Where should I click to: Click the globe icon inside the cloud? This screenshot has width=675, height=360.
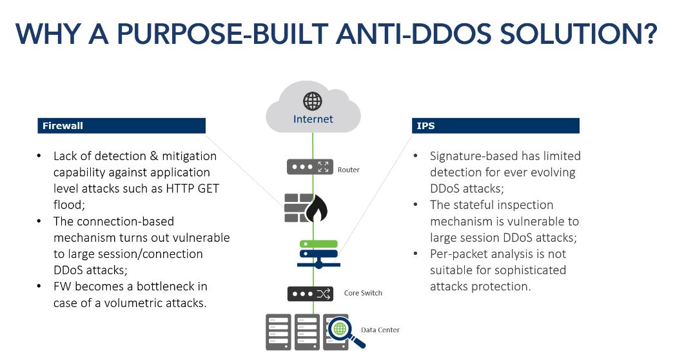[313, 101]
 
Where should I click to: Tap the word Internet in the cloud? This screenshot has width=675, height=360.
[313, 119]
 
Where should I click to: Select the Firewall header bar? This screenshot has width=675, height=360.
[121, 126]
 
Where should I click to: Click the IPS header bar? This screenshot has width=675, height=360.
[495, 126]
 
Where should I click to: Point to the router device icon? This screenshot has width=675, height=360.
[309, 166]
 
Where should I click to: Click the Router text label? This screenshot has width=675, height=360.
[349, 170]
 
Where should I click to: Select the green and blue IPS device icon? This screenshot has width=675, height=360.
[318, 254]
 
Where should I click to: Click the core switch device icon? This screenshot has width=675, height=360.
[309, 294]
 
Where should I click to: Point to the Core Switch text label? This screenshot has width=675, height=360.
[363, 293]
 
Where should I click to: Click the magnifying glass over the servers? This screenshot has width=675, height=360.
[341, 330]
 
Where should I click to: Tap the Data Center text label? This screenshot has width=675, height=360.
[380, 330]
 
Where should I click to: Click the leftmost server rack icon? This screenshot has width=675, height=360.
[278, 332]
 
